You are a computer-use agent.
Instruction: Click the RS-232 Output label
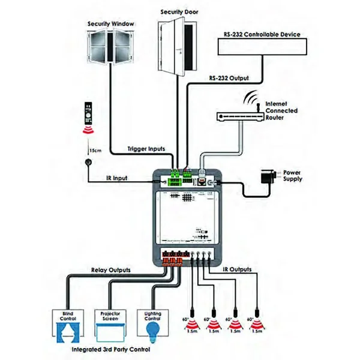tap(229, 78)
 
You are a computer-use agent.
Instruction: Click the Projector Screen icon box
tap(109, 322)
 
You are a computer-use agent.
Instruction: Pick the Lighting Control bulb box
tap(150, 322)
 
